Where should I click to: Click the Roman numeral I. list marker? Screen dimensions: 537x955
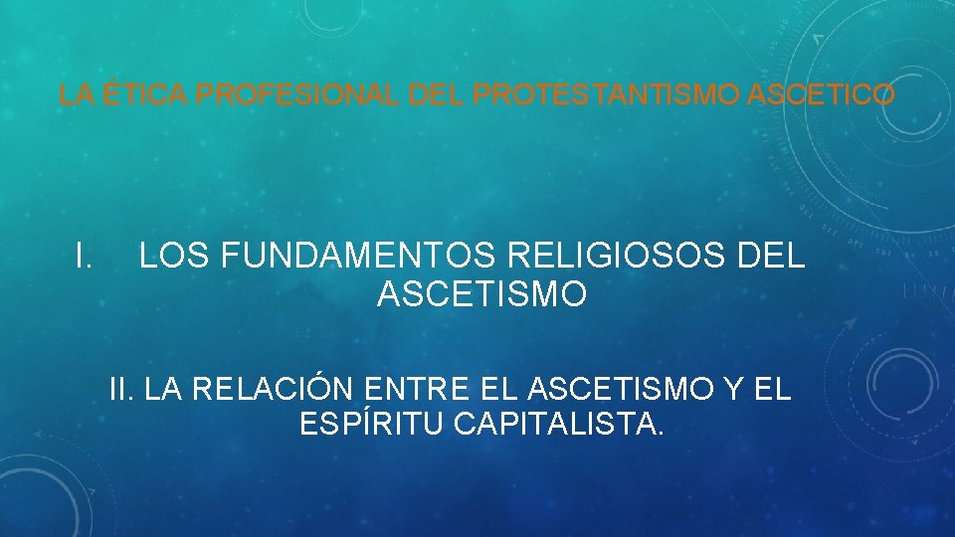(x=85, y=257)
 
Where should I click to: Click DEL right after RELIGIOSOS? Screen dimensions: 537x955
(x=772, y=257)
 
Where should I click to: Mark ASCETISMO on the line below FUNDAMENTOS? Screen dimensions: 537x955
(x=482, y=295)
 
